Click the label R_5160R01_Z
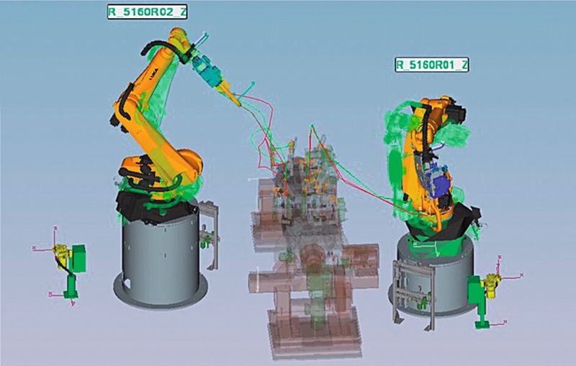(431, 65)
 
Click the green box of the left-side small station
(78, 259)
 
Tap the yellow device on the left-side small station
(63, 253)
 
